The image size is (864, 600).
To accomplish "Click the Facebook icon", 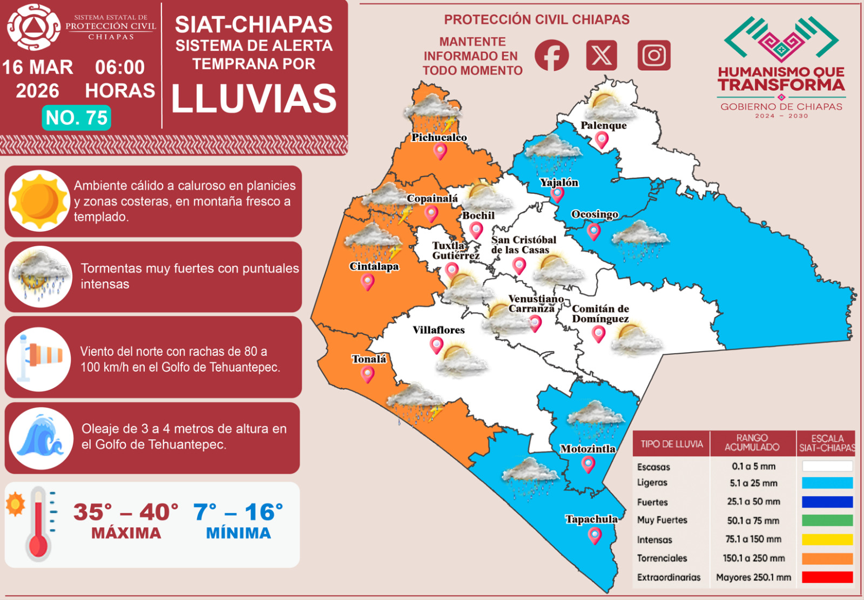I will (x=551, y=55).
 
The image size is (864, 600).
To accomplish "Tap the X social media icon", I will (x=602, y=55).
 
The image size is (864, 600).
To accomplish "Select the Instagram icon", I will (x=653, y=55).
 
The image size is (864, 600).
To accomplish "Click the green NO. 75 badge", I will (x=77, y=117).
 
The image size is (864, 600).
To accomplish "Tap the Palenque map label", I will (x=603, y=125).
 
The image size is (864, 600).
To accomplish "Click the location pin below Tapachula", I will (x=595, y=535).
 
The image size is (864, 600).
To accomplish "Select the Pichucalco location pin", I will (x=440, y=151).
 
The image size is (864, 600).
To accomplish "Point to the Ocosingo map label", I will (x=595, y=214).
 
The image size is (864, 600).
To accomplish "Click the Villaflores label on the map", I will (x=438, y=329).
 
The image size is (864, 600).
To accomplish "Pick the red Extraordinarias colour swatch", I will (x=827, y=577).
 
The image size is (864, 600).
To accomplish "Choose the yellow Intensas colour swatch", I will (x=827, y=539).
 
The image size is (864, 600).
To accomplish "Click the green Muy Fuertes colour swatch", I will (x=827, y=520).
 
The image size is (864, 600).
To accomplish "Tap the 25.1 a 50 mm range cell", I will (x=753, y=502).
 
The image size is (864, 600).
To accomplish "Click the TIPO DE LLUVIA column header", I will (x=671, y=444).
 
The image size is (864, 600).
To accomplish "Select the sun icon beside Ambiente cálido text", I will (x=39, y=201).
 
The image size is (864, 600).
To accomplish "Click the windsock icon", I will (x=39, y=358).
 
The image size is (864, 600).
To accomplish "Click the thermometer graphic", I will (x=38, y=524).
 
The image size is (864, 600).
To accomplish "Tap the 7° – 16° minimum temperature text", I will (x=238, y=512).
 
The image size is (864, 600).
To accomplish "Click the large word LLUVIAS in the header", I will (x=254, y=99).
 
